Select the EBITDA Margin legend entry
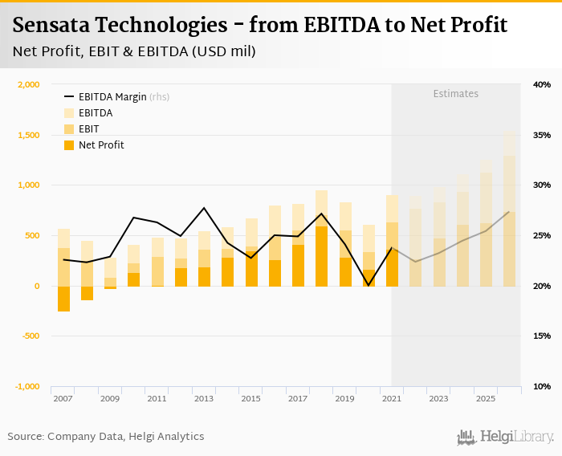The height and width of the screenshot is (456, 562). click(112, 97)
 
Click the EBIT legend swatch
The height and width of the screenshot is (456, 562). click(69, 129)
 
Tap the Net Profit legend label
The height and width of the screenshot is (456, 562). click(101, 145)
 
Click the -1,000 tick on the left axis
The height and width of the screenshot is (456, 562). click(27, 386)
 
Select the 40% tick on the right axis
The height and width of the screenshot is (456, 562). click(541, 84)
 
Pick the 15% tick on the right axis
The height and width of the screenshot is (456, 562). click(541, 336)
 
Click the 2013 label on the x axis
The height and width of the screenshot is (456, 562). click(204, 398)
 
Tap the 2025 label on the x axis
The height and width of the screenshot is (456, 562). click(486, 398)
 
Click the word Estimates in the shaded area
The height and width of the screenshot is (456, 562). click(456, 94)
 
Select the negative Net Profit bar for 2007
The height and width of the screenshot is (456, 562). click(63, 299)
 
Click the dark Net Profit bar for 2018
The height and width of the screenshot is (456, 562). click(321, 256)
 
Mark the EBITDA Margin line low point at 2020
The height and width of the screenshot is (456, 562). click(369, 285)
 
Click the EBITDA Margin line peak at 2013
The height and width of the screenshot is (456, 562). click(204, 208)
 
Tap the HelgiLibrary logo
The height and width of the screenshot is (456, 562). click(506, 437)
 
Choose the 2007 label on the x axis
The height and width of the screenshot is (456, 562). click(63, 398)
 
